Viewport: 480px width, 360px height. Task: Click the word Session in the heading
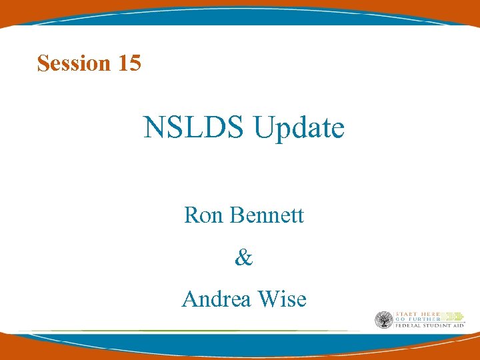[74, 63]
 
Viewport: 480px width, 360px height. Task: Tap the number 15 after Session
[129, 63]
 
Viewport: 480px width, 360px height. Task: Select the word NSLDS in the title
[194, 127]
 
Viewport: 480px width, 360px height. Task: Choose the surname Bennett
[265, 215]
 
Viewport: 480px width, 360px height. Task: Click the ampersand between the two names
[244, 258]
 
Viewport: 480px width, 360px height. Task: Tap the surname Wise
[281, 299]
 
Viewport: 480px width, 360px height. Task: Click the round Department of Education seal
[383, 320]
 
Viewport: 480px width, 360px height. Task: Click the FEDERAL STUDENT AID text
[429, 326]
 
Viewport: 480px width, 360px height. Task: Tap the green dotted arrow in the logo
[451, 316]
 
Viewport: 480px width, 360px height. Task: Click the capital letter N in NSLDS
[153, 128]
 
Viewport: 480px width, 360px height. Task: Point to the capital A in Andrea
[189, 299]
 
